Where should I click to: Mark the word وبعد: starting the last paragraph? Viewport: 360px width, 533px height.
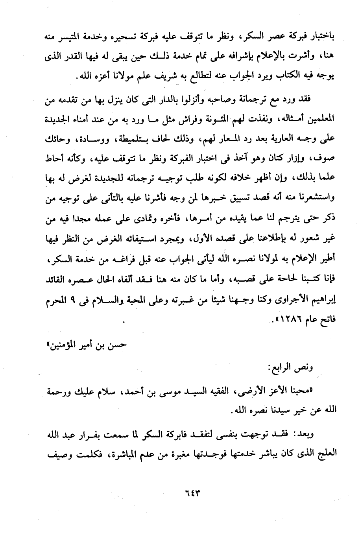[x=307, y=433]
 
